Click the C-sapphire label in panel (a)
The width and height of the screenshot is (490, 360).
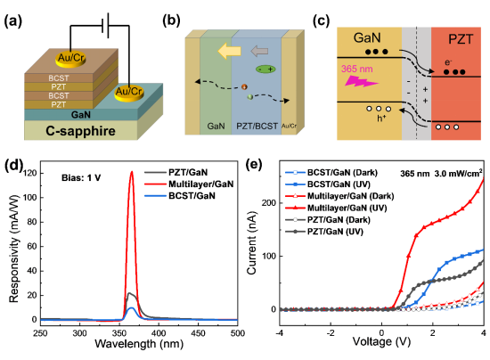pyautogui.click(x=80, y=131)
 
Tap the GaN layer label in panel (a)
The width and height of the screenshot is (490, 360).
pyautogui.click(x=80, y=115)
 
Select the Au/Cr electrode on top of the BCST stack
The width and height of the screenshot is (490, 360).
pyautogui.click(x=71, y=59)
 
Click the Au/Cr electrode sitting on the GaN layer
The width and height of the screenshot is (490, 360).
pyautogui.click(x=129, y=93)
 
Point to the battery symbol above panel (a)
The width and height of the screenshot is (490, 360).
pyautogui.click(x=106, y=26)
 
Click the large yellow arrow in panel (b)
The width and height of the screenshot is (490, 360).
pyautogui.click(x=229, y=51)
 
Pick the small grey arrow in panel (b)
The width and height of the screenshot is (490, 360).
pyautogui.click(x=259, y=51)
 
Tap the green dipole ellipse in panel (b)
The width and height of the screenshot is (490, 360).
pyautogui.click(x=265, y=70)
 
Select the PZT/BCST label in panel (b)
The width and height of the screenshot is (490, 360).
pyautogui.click(x=257, y=126)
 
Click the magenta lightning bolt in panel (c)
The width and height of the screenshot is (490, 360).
pyautogui.click(x=361, y=81)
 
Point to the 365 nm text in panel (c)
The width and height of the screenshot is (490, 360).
pyautogui.click(x=357, y=69)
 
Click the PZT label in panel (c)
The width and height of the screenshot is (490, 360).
pyautogui.click(x=461, y=39)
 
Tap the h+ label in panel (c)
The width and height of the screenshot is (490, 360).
pyautogui.click(x=381, y=119)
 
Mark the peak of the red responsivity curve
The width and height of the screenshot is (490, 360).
pyautogui.click(x=132, y=171)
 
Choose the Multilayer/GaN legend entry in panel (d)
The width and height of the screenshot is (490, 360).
pyautogui.click(x=189, y=184)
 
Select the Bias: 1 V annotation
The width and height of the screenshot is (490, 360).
pyautogui.click(x=81, y=178)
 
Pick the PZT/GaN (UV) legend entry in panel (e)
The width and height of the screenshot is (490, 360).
pyautogui.click(x=324, y=232)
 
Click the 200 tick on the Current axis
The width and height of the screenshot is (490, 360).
pyautogui.click(x=269, y=203)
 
